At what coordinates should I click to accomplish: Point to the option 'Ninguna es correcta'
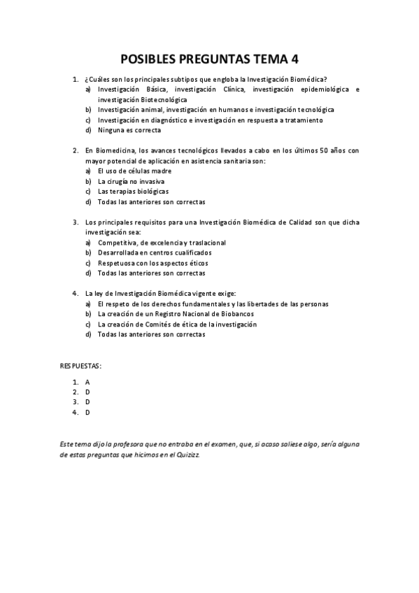pyautogui.click(x=127, y=130)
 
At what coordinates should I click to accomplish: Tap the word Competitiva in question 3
pyautogui.click(x=118, y=242)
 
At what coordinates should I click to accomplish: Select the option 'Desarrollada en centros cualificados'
pyautogui.click(x=155, y=252)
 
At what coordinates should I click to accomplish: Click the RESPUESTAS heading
pyautogui.click(x=80, y=366)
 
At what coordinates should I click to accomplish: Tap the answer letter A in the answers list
pyautogui.click(x=87, y=383)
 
